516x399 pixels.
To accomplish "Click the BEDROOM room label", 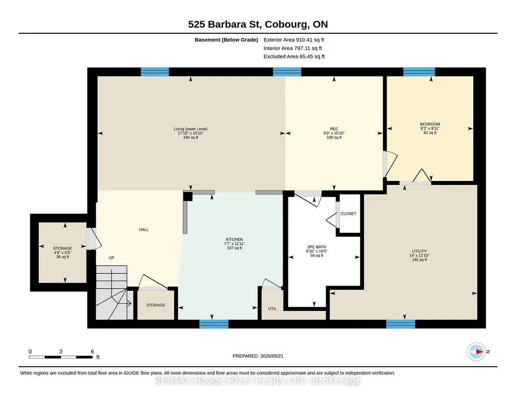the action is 430,128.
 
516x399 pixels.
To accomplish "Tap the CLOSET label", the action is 348,214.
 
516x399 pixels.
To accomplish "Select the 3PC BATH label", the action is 317,251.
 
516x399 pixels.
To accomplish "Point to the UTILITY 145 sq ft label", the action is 419,255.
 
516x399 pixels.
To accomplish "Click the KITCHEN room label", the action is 234,244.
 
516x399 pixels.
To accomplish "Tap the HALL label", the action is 144,230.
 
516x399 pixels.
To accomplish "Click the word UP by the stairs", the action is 112,258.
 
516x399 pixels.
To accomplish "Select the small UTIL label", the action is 272,309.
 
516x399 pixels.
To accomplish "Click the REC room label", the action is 334,133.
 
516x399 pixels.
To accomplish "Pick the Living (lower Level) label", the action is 190,133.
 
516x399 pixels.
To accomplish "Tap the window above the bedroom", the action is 419,72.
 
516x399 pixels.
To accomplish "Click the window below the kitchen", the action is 214,324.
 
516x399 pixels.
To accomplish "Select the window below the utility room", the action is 401,324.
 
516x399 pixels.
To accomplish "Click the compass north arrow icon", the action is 477,352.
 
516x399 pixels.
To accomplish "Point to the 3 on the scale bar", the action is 61,352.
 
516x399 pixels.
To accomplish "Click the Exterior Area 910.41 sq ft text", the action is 294,40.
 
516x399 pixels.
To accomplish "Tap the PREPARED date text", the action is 258,356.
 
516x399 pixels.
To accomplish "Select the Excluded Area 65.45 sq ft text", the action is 294,56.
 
